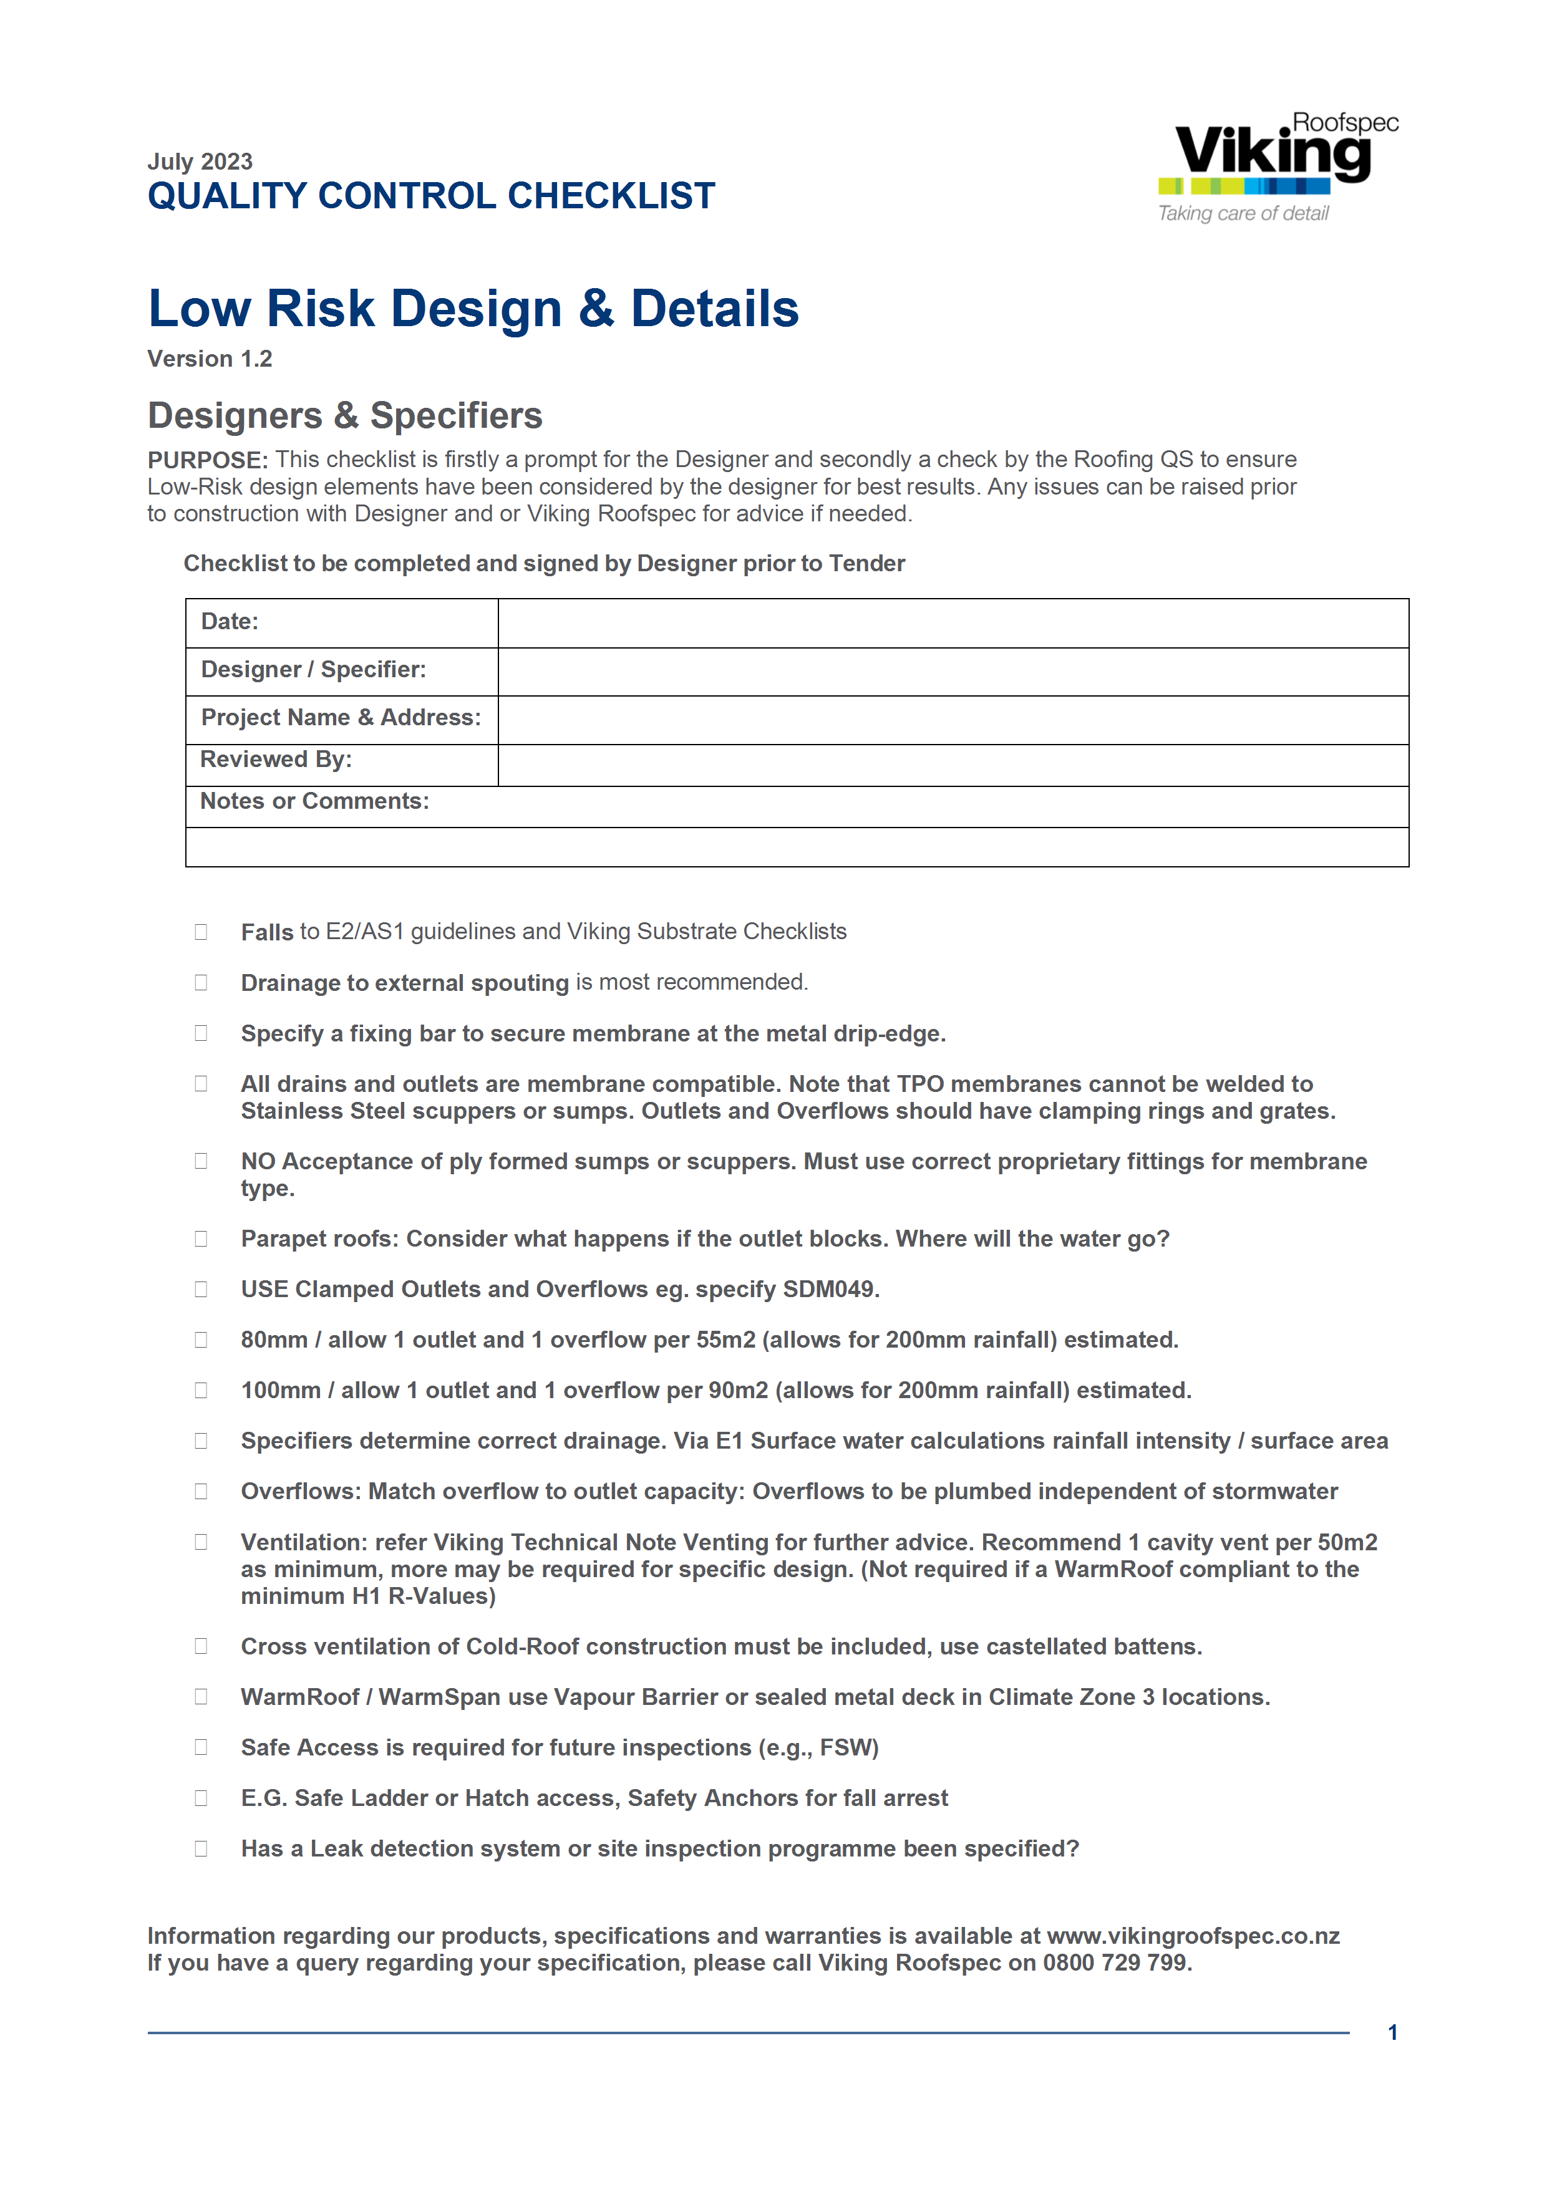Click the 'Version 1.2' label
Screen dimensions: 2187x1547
(210, 359)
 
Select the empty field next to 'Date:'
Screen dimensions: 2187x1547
(953, 623)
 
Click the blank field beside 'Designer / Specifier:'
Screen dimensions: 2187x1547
(953, 672)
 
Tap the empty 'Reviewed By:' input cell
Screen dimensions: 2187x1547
(953, 765)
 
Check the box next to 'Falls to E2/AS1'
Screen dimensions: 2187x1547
(201, 932)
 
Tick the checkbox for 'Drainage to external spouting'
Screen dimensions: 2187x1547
(201, 982)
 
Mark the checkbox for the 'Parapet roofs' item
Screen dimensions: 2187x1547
(201, 1238)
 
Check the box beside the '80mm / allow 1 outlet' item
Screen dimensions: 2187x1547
(201, 1340)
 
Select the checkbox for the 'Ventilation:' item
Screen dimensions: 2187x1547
(201, 1541)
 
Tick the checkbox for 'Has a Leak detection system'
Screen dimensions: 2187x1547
(201, 1848)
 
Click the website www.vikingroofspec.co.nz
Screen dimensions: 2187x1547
(1193, 1936)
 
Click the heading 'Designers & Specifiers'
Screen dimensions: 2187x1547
(345, 415)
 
